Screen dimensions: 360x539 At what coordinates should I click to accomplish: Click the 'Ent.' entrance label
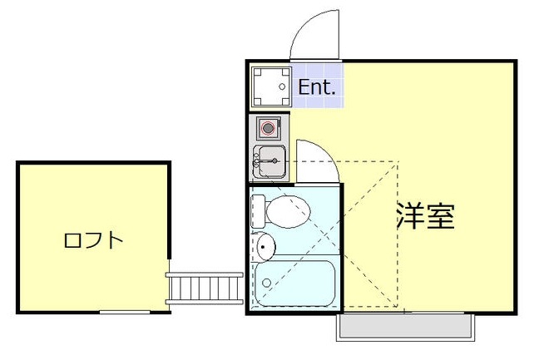click(317, 86)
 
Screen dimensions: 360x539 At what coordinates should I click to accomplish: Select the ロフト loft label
click(93, 241)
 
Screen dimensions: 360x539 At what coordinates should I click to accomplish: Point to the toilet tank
click(259, 211)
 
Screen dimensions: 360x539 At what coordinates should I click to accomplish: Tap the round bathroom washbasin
click(266, 246)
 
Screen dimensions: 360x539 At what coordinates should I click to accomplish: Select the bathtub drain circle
click(266, 283)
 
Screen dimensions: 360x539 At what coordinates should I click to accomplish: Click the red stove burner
click(268, 128)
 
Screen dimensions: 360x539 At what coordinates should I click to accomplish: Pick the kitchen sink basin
click(270, 160)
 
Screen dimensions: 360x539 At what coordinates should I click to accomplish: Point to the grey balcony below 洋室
click(405, 328)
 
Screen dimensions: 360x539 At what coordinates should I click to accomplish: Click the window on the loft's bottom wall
click(125, 312)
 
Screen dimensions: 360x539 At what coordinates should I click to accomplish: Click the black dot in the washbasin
click(264, 246)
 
